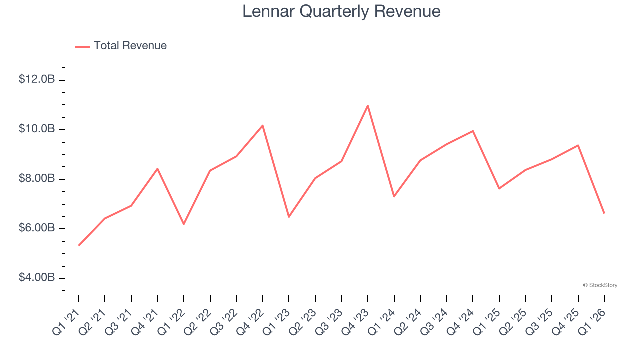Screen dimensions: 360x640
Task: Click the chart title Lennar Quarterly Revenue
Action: [341, 11]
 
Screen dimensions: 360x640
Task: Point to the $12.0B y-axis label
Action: [37, 79]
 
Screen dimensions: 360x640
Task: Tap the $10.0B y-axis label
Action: [37, 129]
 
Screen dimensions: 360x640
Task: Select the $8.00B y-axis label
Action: [37, 178]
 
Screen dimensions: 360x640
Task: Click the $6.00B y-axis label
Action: [37, 228]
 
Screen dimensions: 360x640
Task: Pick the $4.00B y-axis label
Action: [37, 277]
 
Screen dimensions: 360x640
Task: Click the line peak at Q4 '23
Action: [368, 106]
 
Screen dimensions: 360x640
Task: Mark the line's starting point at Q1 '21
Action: [79, 245]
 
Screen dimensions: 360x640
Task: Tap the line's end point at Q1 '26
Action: [604, 213]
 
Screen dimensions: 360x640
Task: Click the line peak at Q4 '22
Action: [263, 125]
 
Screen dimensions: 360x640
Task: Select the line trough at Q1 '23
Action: [289, 217]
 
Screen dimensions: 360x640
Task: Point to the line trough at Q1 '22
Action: [184, 224]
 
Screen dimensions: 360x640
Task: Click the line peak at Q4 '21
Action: [158, 169]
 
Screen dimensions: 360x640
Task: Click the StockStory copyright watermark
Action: [600, 285]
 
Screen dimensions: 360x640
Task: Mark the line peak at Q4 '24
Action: [473, 131]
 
